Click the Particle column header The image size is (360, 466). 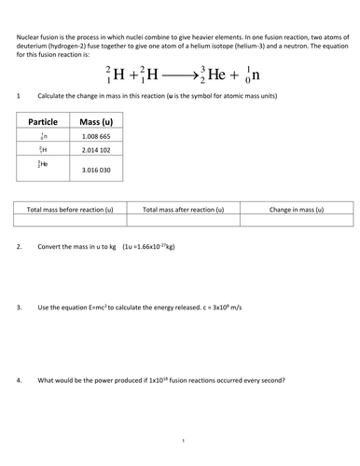44,122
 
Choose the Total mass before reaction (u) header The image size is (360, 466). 71,210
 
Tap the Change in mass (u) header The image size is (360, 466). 297,210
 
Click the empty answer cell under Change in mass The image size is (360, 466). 297,222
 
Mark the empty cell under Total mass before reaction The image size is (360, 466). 71,222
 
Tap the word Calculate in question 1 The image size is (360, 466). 53,97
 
